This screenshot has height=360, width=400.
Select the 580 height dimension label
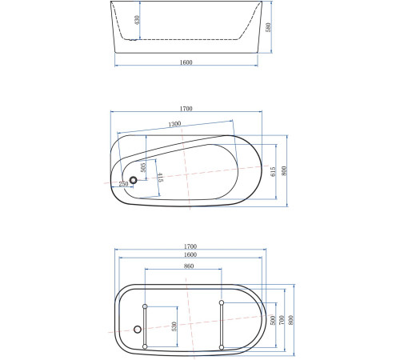pyautogui.click(x=270, y=27)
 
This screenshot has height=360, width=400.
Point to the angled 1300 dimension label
pyautogui.click(x=174, y=125)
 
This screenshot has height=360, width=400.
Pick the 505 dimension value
pyautogui.click(x=142, y=168)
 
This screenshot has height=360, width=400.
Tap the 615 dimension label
pyautogui.click(x=273, y=171)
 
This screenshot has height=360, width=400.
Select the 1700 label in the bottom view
pyautogui.click(x=190, y=246)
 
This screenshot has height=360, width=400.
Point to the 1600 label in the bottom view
pyautogui.click(x=190, y=254)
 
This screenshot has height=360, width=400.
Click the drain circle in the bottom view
pyautogui.click(x=137, y=330)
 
